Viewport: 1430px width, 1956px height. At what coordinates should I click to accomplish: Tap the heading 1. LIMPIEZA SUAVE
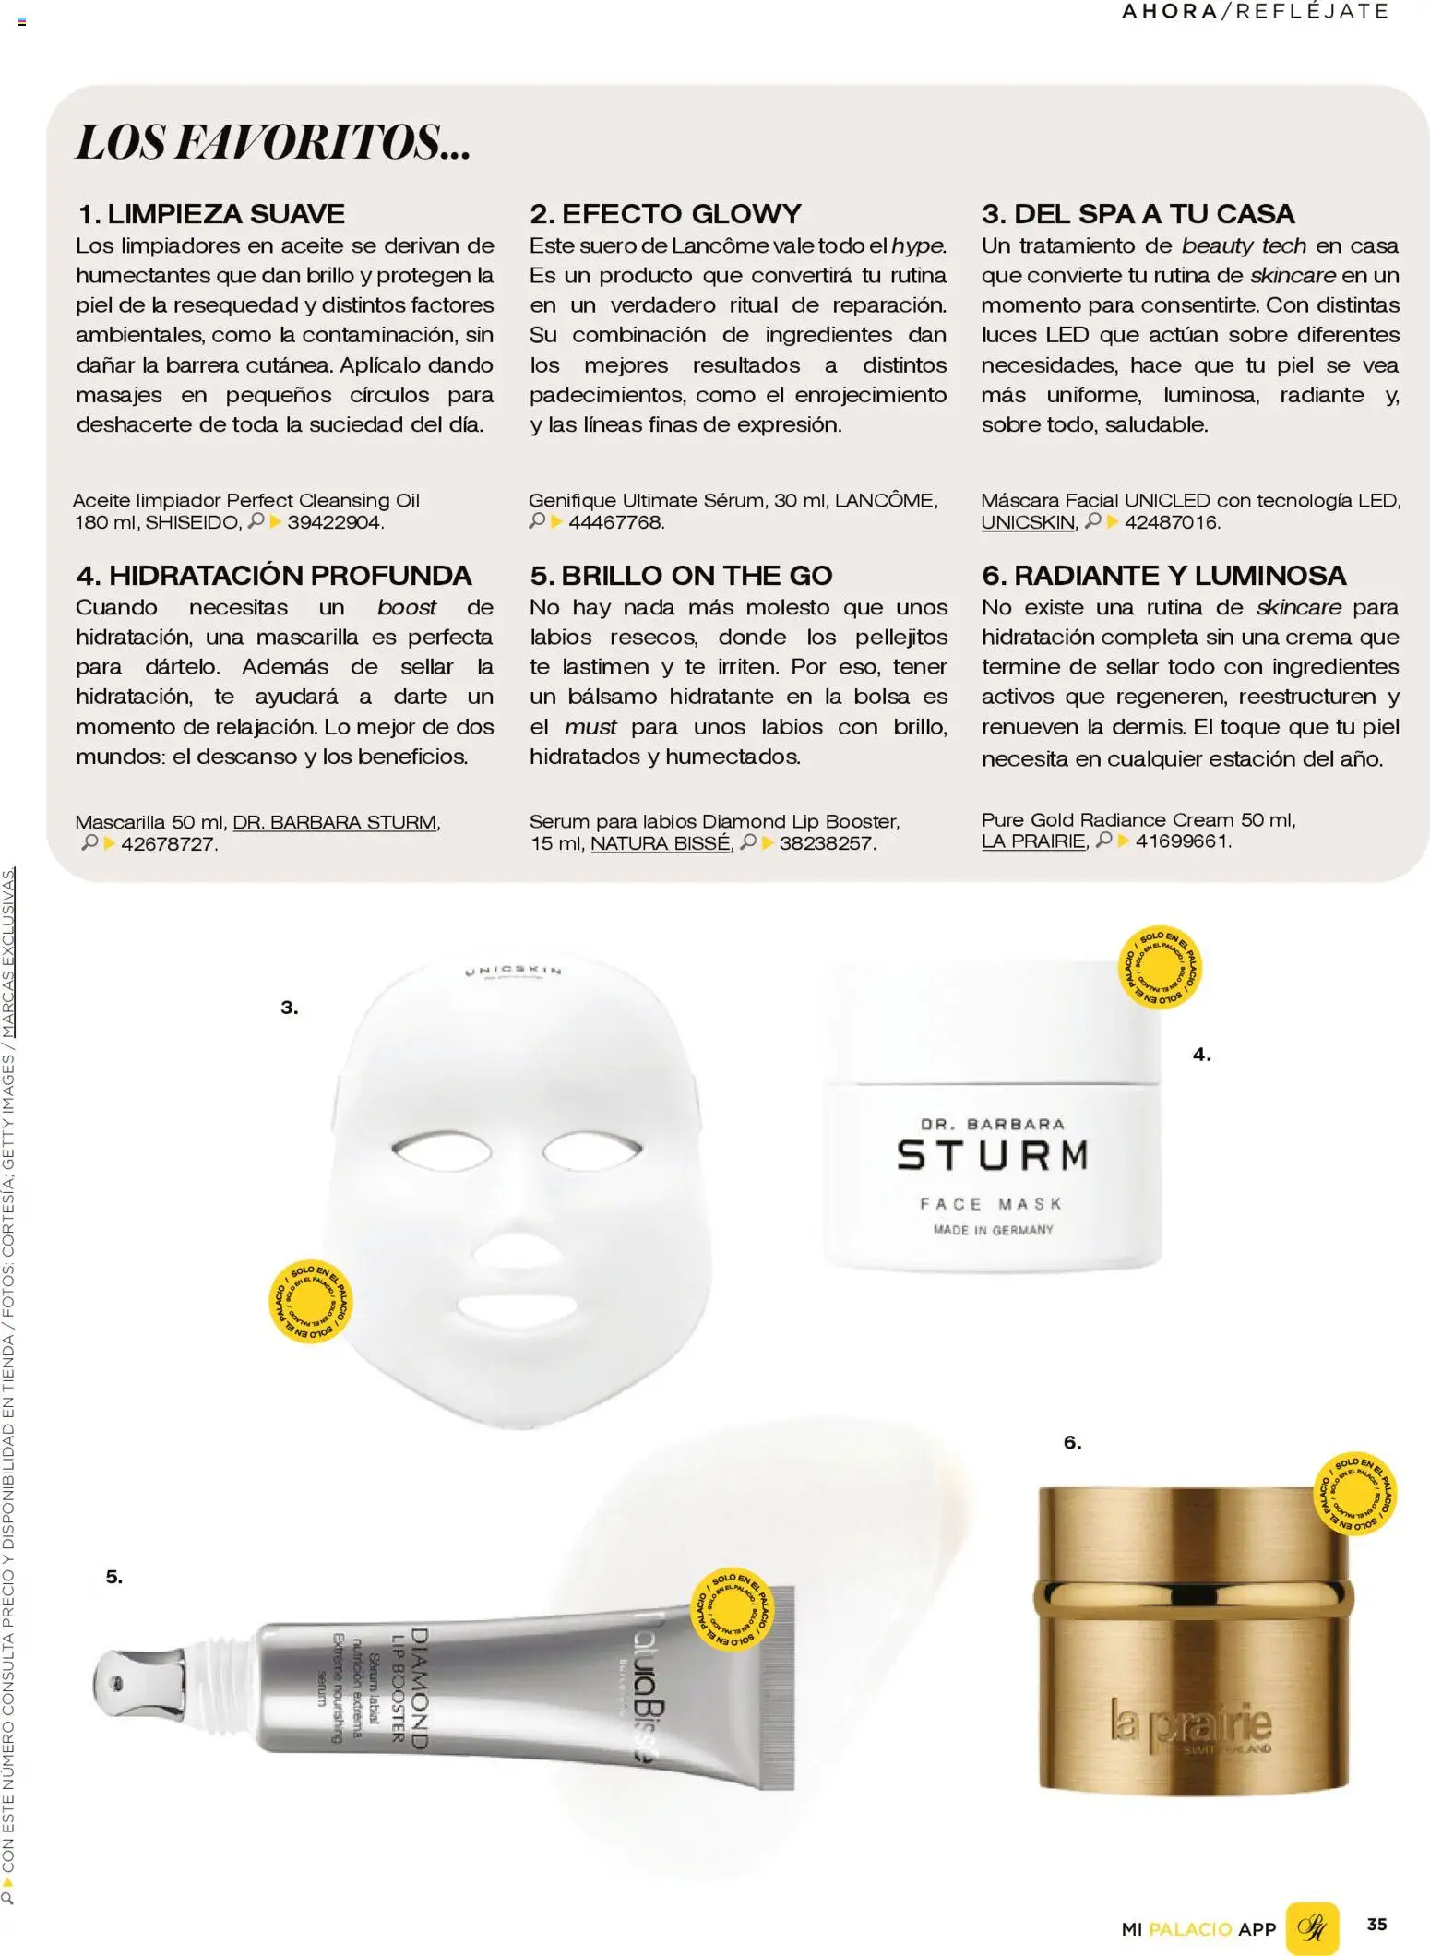point(211,214)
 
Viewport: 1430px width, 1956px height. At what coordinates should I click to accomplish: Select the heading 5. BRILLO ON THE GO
point(681,576)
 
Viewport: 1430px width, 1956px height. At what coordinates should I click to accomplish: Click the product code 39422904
point(334,523)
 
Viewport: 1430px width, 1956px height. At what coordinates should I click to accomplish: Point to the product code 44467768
point(615,523)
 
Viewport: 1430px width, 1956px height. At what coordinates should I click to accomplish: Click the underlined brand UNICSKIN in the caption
point(1028,523)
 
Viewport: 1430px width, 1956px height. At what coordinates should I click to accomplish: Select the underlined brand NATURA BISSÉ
point(660,843)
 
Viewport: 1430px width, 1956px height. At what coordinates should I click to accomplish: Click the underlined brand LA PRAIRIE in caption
point(1033,841)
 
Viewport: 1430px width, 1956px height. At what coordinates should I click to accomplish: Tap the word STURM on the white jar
point(993,1156)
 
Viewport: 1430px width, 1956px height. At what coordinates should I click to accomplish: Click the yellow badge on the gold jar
point(1354,1495)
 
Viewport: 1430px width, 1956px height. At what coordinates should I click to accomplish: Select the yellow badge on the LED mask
point(310,1301)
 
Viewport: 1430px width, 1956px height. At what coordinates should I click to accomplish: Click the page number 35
point(1376,1924)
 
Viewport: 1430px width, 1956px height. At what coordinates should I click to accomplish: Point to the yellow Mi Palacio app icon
point(1311,1927)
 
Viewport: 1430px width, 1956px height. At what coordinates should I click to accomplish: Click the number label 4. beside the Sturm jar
point(1201,1055)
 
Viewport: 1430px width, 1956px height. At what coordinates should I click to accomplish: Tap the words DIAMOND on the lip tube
point(420,1689)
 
